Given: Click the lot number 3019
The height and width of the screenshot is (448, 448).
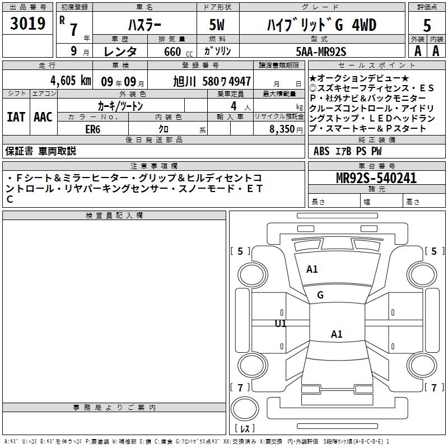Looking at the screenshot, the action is coord(27,24).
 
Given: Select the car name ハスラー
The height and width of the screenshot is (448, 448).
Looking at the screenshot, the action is coord(144,25).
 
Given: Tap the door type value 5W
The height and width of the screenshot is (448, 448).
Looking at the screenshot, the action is coord(217,25).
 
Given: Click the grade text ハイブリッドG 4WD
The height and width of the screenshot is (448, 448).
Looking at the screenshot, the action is coord(321,25).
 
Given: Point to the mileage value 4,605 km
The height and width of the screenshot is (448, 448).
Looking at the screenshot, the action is coord(71,81).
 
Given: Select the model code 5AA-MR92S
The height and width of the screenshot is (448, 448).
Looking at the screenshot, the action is coord(321,52).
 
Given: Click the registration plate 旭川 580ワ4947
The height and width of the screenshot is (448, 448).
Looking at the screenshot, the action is coord(212,81).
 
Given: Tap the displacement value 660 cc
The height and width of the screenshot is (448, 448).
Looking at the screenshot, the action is coord(178,52).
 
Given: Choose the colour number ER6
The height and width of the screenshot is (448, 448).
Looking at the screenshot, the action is coord(93,129).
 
